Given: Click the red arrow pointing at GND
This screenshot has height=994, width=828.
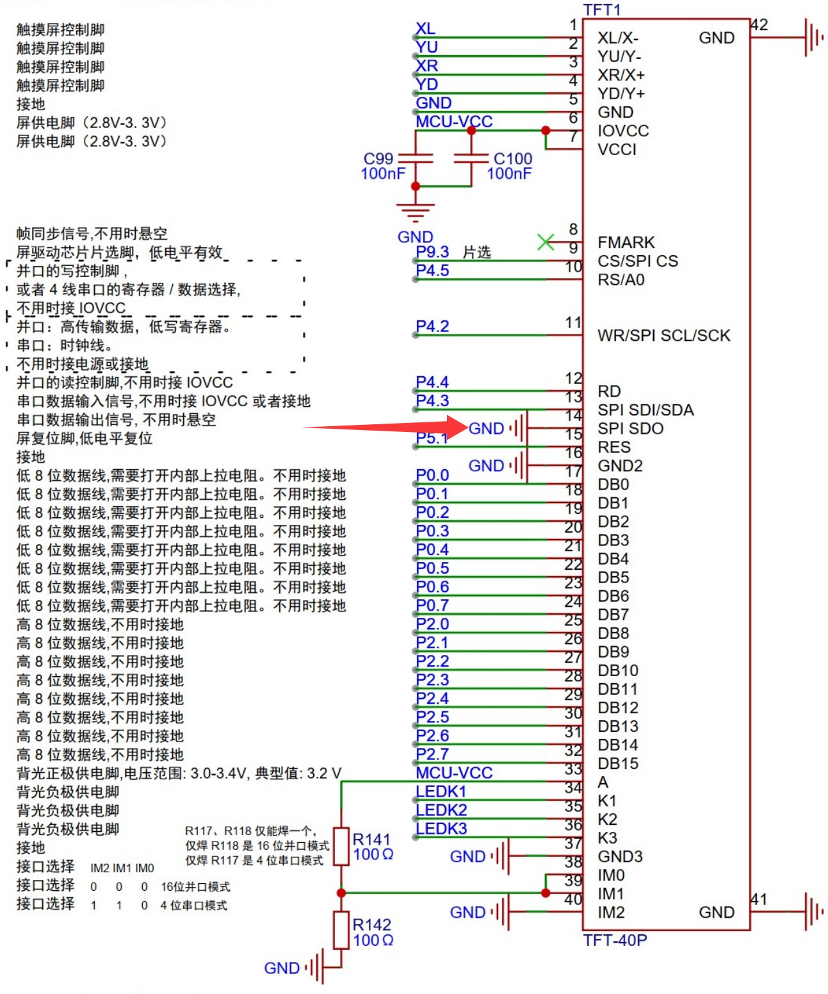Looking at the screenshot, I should (384, 426).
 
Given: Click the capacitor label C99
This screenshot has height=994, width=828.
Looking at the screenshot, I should (378, 158).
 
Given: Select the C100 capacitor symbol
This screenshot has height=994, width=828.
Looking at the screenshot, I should (471, 158).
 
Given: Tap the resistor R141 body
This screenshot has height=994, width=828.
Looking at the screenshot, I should (341, 846).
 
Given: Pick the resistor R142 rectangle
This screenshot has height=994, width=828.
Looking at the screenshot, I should (341, 930).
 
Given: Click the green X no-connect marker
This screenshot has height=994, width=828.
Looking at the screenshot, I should (546, 242).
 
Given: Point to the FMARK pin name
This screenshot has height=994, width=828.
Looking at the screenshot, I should (626, 242).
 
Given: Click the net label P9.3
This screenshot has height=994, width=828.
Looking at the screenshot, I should (432, 252).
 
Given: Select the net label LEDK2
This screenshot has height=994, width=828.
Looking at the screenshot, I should (441, 810).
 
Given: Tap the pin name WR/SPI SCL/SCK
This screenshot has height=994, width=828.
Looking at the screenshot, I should (663, 335).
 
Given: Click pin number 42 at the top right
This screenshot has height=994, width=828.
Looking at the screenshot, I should (759, 25).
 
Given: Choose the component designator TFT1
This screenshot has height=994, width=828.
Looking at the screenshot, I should (602, 9).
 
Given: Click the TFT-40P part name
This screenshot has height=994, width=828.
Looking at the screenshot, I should (615, 940).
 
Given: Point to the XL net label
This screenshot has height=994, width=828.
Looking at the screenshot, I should (425, 29).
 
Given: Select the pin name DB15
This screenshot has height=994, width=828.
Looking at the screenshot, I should (618, 763).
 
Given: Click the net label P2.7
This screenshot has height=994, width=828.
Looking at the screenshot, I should (432, 754).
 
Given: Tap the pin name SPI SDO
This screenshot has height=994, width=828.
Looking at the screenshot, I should (630, 428).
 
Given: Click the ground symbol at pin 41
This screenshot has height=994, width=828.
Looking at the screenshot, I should (813, 911).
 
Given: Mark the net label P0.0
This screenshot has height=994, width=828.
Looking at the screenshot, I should (432, 475).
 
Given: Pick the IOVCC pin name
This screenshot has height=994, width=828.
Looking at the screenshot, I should (623, 131).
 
